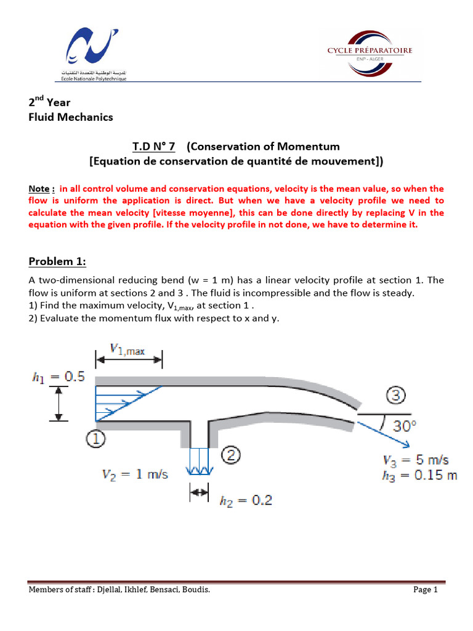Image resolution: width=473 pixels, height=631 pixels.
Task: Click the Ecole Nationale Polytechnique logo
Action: coord(92,52)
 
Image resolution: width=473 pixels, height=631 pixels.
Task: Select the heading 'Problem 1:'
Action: coord(58,261)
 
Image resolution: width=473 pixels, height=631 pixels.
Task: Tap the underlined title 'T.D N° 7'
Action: coord(153,146)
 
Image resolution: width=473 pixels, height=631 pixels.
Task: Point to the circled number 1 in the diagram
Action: coord(96,438)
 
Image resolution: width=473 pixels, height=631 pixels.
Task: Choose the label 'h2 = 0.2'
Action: coord(246,500)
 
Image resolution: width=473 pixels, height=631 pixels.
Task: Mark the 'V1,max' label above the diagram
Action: coord(127,349)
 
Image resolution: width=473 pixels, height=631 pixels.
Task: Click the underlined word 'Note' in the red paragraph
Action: coord(39,189)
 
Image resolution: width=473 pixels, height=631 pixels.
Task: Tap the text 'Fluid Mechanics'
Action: coord(71,117)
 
